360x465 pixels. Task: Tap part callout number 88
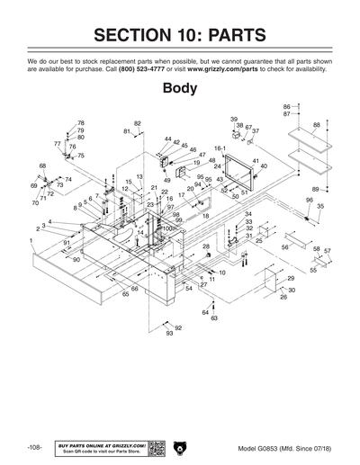(x=316, y=125)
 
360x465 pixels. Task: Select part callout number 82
(x=138, y=123)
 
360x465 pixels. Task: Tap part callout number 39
(x=234, y=120)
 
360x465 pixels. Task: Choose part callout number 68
(x=42, y=166)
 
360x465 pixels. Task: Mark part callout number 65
(x=126, y=293)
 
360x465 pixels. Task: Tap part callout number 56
(x=286, y=246)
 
